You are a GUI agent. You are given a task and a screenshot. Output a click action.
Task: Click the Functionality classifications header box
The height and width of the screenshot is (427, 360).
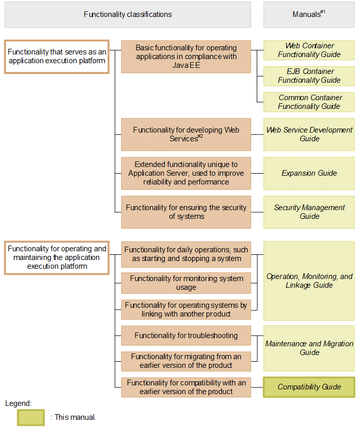point(128,14)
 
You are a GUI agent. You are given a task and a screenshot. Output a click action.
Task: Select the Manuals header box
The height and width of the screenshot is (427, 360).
point(309,14)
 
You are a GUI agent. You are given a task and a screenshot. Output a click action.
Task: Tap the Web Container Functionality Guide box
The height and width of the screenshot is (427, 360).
point(309,50)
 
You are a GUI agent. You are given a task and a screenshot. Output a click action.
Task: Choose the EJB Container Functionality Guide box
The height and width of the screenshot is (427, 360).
point(309,76)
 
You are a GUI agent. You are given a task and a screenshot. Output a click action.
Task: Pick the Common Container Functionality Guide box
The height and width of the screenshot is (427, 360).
point(309,102)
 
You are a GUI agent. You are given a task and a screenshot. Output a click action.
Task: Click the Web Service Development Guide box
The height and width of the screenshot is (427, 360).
point(309,135)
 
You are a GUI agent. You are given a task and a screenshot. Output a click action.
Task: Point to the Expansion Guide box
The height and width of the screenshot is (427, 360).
point(309,173)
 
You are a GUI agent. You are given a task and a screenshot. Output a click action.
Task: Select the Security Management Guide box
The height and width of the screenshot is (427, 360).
point(309,212)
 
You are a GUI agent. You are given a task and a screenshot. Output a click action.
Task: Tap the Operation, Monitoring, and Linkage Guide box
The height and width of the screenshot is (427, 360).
point(309,281)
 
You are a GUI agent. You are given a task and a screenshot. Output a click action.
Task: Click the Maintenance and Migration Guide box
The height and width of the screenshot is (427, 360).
point(309,348)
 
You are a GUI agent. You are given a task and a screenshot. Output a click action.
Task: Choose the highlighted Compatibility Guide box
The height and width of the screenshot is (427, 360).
point(309,387)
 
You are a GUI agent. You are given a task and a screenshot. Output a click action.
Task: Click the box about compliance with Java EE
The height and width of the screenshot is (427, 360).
point(186,57)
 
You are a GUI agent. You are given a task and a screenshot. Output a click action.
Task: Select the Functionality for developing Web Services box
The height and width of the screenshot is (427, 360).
point(186,135)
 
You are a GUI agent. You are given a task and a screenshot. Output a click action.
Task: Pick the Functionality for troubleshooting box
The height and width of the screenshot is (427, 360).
point(186,336)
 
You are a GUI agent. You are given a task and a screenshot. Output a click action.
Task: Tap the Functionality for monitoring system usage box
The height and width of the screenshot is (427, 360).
point(186,283)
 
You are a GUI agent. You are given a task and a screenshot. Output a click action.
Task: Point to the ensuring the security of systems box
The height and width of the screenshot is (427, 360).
point(186,212)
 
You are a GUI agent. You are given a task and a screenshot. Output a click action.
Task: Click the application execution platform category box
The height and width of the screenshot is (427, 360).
point(56,57)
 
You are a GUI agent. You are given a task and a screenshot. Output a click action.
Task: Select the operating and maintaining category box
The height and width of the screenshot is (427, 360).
point(56,257)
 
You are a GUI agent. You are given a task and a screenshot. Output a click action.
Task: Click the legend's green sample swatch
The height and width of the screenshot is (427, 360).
point(30,417)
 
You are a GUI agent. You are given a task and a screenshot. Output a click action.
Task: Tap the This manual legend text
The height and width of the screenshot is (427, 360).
point(73,417)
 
